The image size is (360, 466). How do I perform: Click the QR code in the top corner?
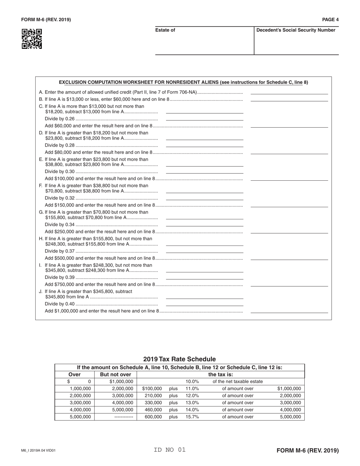click(x=32, y=39)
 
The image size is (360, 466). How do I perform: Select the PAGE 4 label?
click(x=330, y=20)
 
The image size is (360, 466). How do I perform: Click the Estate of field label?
click(x=165, y=30)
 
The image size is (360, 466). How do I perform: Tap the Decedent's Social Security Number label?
click(x=296, y=30)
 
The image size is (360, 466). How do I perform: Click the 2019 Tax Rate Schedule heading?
click(x=180, y=359)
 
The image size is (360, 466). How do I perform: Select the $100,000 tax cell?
click(x=152, y=389)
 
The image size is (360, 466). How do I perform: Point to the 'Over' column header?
click(x=74, y=375)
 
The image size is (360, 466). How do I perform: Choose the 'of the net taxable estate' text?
click(x=238, y=382)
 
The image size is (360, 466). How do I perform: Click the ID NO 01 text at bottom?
click(x=170, y=450)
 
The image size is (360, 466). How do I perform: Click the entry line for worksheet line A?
click(x=289, y=93)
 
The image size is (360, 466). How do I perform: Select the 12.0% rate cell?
click(x=192, y=396)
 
